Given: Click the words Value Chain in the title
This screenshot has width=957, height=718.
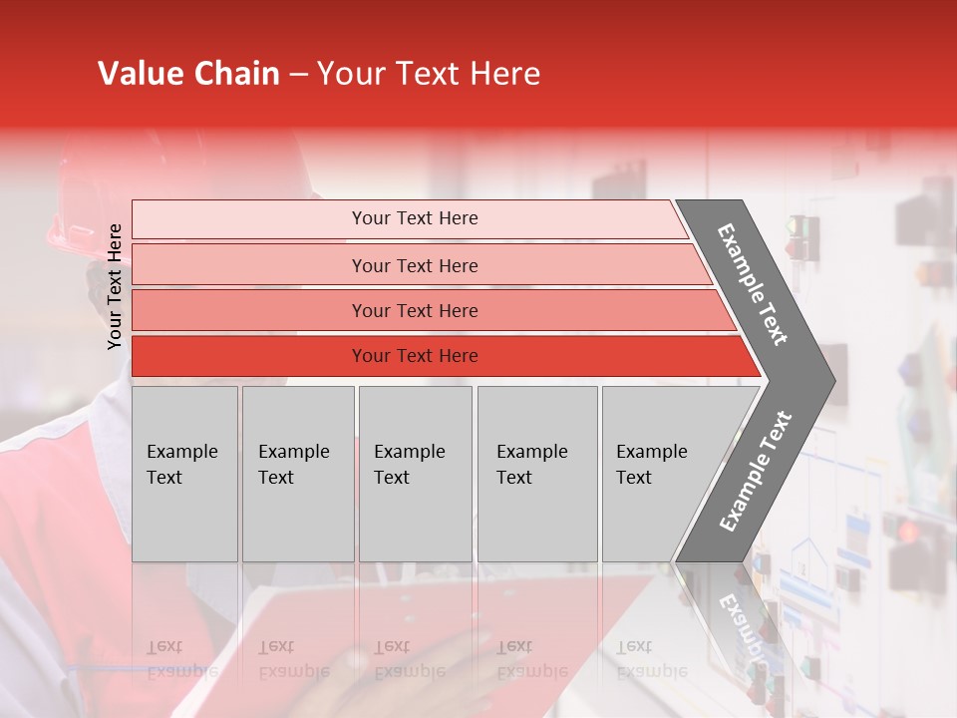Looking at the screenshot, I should click(x=188, y=74).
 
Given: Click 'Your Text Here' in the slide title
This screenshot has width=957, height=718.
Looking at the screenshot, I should click(x=429, y=74).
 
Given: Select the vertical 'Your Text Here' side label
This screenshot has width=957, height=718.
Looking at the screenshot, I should click(x=115, y=286).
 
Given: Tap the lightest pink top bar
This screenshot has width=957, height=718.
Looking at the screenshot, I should click(x=414, y=218).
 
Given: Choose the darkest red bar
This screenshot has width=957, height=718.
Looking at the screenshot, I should click(x=414, y=356).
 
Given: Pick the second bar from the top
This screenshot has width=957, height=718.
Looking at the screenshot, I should click(x=414, y=265).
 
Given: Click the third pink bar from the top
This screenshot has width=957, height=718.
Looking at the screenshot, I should click(x=414, y=310).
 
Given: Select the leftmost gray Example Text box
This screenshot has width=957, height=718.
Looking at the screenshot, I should click(x=184, y=474).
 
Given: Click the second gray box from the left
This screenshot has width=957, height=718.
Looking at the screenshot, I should click(x=297, y=474).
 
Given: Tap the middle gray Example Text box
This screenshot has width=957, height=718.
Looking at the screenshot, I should click(x=415, y=474).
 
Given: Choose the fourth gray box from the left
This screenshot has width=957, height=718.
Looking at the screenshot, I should click(x=537, y=474).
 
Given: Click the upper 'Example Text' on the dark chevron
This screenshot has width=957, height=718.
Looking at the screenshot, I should click(x=753, y=284).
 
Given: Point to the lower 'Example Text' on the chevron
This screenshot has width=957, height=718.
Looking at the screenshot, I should click(x=755, y=472).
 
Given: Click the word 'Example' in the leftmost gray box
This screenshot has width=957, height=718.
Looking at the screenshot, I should click(x=181, y=452).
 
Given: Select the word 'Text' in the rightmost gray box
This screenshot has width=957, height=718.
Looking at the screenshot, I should click(x=634, y=478).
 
